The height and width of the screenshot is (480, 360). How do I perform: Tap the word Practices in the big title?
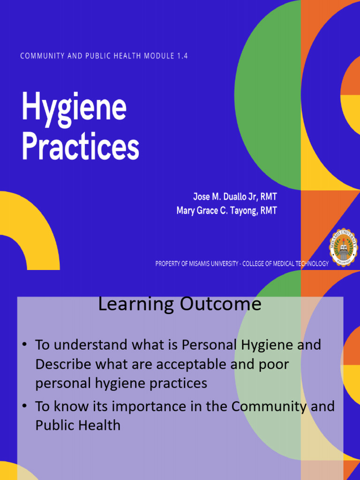pos(80,147)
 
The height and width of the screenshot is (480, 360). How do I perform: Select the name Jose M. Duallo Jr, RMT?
pos(235,196)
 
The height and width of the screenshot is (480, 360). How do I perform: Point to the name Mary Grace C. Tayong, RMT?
pos(226,211)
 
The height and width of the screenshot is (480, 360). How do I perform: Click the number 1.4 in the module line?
pos(182,56)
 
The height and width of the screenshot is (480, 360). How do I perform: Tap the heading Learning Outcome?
pos(180,304)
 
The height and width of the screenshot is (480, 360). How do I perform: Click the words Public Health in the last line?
pos(78,425)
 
